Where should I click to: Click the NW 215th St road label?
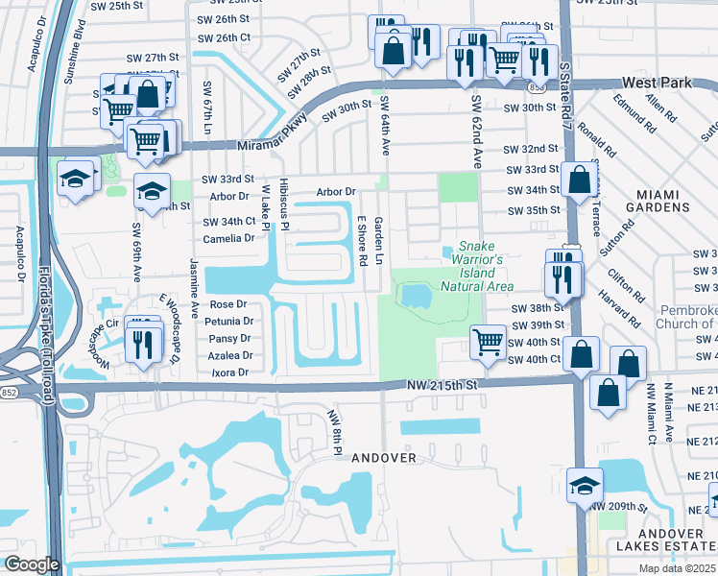coord(442,384)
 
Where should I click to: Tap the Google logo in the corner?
coord(33,564)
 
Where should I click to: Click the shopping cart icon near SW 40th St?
coord(489,340)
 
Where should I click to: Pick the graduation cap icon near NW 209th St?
coord(584,486)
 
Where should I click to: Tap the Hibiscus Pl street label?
coord(284,204)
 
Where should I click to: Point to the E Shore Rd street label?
coord(363,240)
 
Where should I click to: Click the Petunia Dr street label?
coord(227,322)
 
